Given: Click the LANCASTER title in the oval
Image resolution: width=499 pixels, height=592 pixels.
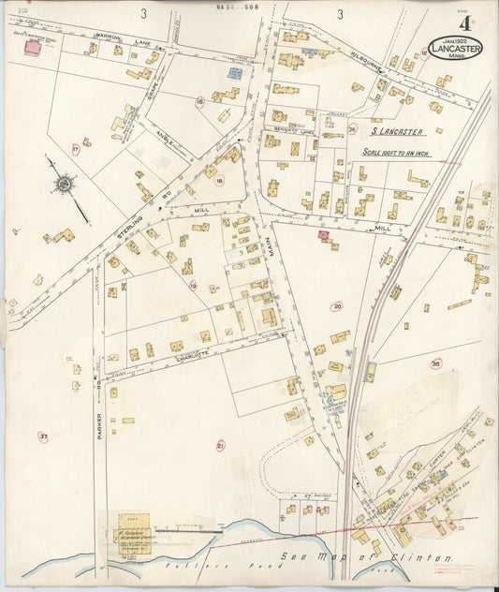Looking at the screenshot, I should (x=456, y=48).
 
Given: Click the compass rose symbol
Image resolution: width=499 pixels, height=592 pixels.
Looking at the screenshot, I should (x=64, y=185).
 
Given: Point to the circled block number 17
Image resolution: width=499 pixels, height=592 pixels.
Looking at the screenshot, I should (x=75, y=149).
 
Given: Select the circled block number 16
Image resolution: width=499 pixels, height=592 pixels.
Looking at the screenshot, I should (x=199, y=101).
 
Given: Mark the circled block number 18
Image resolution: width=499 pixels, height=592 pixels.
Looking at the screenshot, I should (x=219, y=181).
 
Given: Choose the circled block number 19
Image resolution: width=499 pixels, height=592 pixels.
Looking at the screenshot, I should (x=193, y=285).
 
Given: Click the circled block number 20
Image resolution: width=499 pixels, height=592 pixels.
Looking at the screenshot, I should (x=337, y=305).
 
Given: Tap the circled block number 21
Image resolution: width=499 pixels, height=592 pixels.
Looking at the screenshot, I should (x=221, y=446).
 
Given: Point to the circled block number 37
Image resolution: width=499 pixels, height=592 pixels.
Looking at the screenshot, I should (x=43, y=436).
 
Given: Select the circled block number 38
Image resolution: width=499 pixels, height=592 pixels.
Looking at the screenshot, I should (x=435, y=363).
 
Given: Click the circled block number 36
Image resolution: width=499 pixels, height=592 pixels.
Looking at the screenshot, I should (x=352, y=129).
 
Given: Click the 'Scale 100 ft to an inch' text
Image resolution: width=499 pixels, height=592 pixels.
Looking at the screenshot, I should (x=403, y=153).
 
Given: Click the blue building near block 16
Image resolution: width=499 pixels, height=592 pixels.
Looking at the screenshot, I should (x=233, y=71).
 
